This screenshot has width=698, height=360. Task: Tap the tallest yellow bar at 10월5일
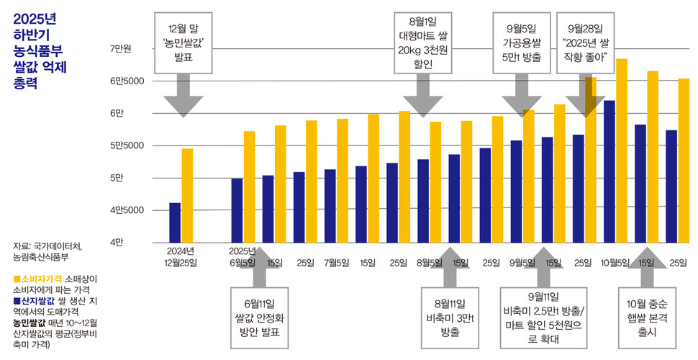point(622,151)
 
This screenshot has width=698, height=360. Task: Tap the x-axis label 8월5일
point(430,262)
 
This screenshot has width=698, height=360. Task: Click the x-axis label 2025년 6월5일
point(243,256)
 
